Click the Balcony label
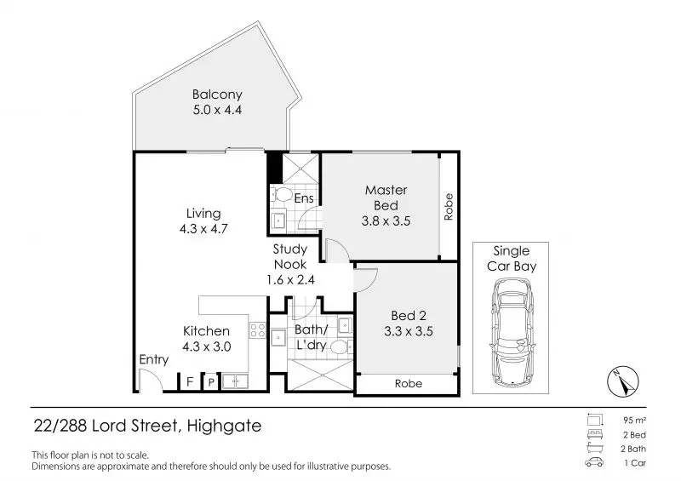tap(217, 94)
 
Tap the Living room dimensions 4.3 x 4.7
tap(203, 228)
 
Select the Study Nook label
tap(290, 256)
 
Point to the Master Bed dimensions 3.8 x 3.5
tap(386, 221)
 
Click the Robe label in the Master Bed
tap(449, 207)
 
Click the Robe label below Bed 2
tap(409, 384)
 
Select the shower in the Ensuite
tap(301, 169)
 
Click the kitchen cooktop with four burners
tap(257, 330)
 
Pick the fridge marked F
tap(190, 382)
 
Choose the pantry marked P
tap(211, 382)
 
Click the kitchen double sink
tap(235, 381)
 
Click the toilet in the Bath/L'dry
tap(342, 346)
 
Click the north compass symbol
tap(623, 382)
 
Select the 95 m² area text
tap(634, 421)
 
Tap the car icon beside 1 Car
tap(594, 462)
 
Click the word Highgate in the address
tap(224, 426)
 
